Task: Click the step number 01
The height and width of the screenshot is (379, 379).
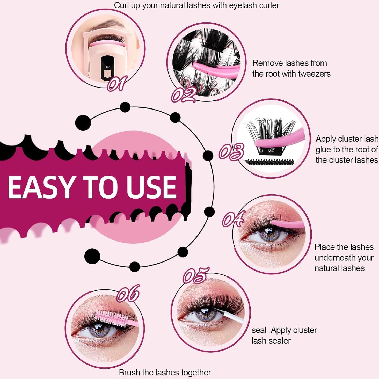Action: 118,83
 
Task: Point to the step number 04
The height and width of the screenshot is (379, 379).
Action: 233,219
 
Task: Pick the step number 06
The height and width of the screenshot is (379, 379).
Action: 128,293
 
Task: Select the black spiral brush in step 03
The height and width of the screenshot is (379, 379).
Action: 269,162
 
